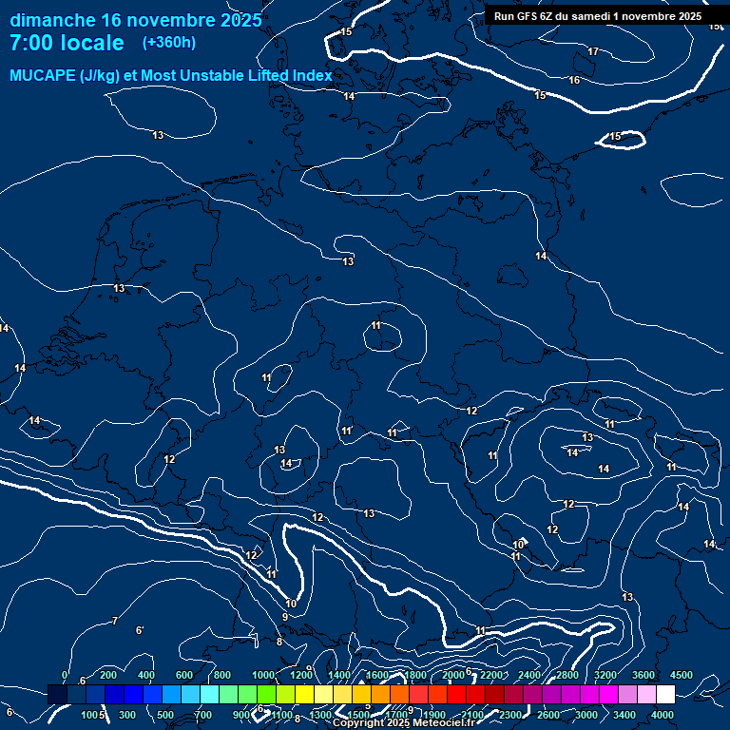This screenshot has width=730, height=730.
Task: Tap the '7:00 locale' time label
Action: click(x=67, y=43)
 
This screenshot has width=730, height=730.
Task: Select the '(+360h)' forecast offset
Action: click(x=169, y=43)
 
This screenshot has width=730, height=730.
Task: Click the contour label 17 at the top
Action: click(x=593, y=51)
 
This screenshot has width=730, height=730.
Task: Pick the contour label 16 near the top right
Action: click(x=574, y=81)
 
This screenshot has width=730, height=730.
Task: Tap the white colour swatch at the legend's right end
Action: click(x=665, y=695)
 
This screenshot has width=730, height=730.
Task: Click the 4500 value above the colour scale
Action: click(x=682, y=675)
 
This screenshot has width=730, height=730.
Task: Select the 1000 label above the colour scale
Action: click(x=263, y=675)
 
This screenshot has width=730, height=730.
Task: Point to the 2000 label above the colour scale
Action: click(x=453, y=675)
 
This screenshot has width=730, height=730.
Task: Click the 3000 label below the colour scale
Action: click(x=586, y=715)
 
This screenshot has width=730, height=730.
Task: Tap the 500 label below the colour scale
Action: click(x=165, y=715)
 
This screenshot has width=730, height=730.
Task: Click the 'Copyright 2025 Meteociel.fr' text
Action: click(x=403, y=723)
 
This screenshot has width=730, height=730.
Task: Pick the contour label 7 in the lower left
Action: click(x=114, y=621)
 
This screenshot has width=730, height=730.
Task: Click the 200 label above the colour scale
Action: click(x=108, y=675)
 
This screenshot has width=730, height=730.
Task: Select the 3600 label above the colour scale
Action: click(x=644, y=675)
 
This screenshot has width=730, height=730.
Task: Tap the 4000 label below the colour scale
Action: click(x=663, y=715)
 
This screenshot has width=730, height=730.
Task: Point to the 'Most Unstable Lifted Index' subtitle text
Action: click(x=241, y=76)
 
